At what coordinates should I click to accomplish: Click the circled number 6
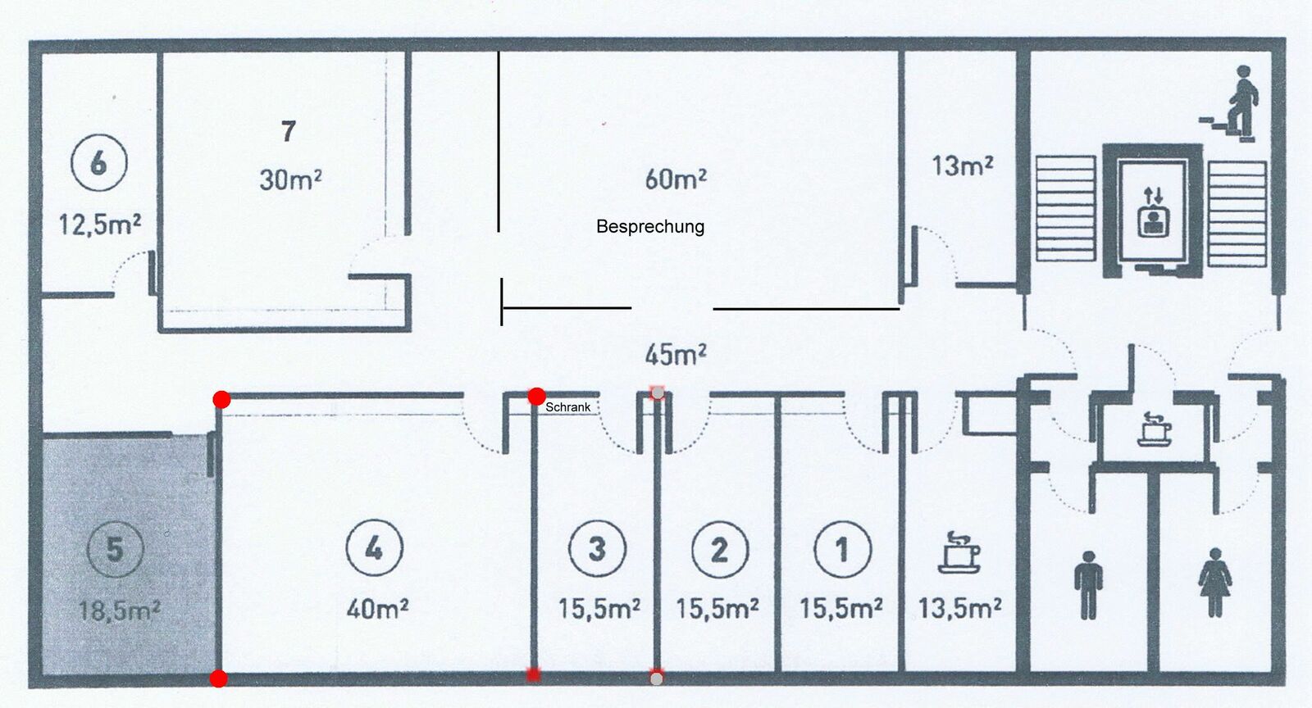coord(99,162)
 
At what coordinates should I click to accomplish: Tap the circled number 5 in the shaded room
coord(115,549)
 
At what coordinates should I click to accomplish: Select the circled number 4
coord(374,547)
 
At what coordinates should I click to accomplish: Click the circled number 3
coord(598,548)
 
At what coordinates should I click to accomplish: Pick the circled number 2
coord(720,549)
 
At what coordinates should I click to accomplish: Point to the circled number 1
coord(843,549)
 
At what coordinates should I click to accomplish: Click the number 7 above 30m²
coord(288,131)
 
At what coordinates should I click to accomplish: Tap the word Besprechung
coord(650,226)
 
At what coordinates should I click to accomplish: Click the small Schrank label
coord(567,407)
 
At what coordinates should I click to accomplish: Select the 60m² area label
coord(676,179)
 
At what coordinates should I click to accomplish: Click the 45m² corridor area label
coord(676,354)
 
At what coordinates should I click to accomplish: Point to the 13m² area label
coord(963,166)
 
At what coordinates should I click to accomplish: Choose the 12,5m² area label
coord(99,224)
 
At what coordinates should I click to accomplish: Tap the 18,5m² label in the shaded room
coord(119,610)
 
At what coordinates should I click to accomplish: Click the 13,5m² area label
coord(959,608)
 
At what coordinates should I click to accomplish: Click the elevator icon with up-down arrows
coord(1153,211)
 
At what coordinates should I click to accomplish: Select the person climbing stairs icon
coord(1229,104)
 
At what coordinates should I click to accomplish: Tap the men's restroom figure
coord(1088,584)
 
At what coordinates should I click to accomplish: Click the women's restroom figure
coord(1214,582)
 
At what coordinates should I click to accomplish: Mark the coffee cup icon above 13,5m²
coord(959,551)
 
